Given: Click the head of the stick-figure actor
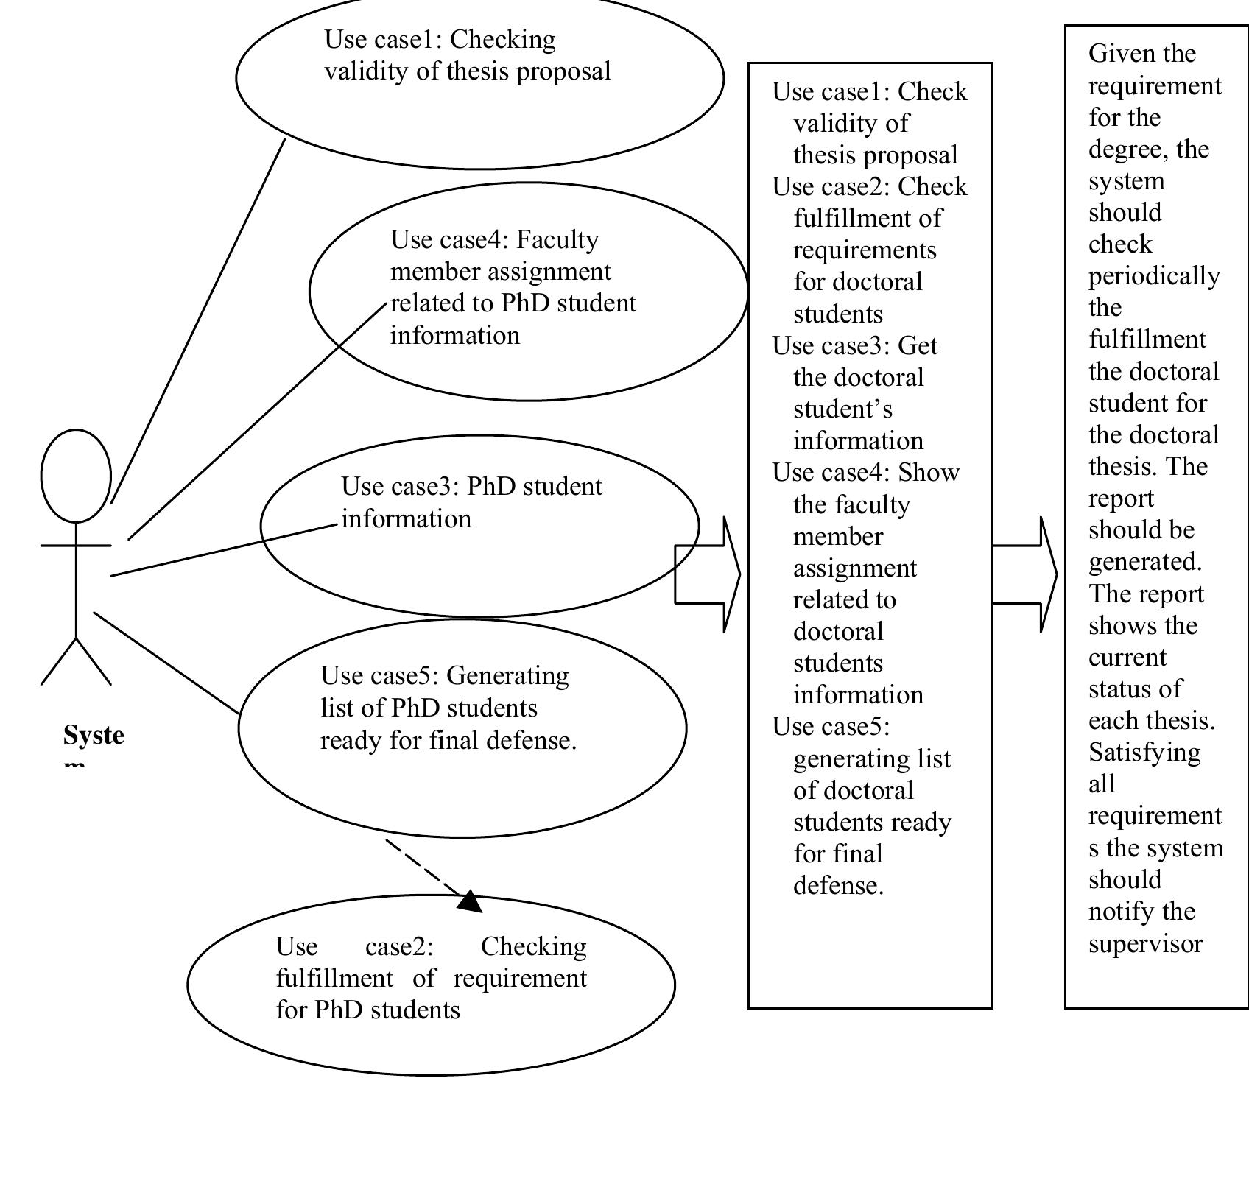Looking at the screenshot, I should click(76, 476).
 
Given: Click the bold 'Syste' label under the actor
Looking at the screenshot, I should click(94, 735).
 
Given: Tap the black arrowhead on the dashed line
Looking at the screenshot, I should click(471, 902).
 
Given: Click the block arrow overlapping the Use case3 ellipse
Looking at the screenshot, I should click(709, 574).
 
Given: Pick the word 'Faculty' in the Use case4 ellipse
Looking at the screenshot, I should click(557, 239).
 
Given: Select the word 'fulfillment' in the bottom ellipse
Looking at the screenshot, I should click(334, 978).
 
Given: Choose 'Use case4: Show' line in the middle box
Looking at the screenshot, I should click(866, 472).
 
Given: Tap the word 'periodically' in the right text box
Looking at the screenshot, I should click(1154, 276).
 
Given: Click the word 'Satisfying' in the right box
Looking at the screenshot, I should click(1144, 752).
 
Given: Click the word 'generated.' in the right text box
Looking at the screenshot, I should click(1145, 562).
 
